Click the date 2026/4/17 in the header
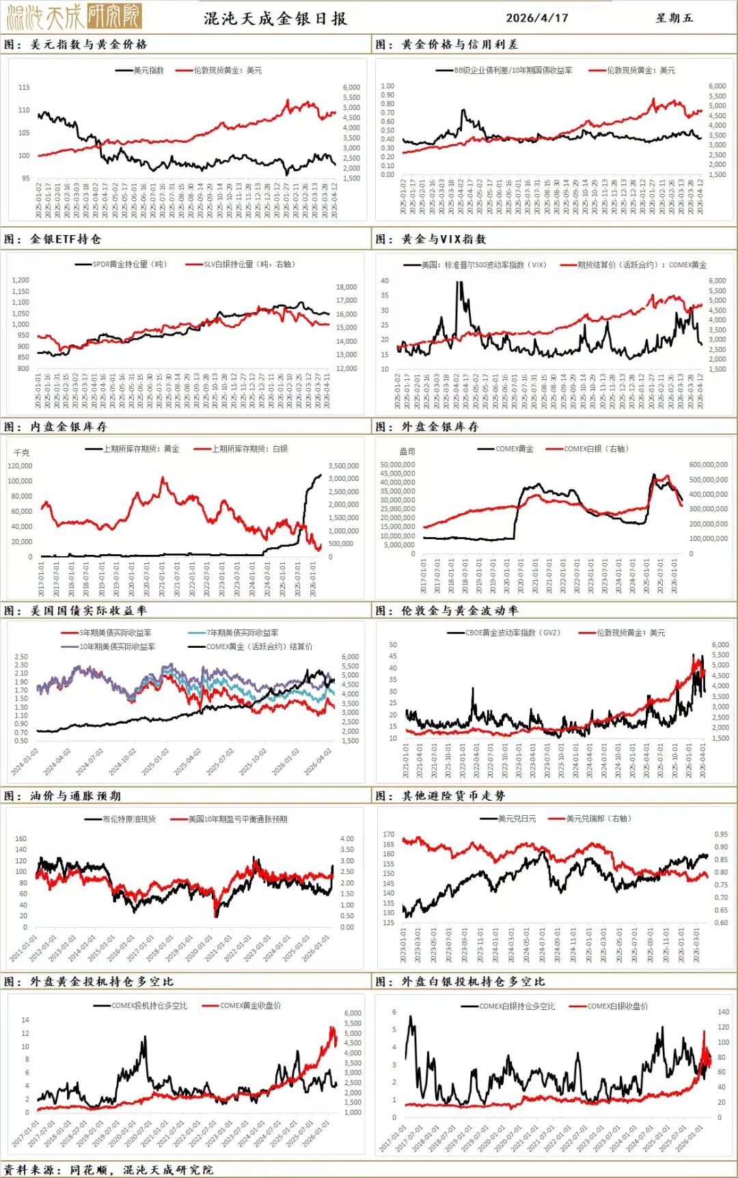click(x=536, y=18)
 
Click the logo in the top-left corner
click(x=74, y=16)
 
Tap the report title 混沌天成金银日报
click(x=275, y=18)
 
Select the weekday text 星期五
click(x=674, y=18)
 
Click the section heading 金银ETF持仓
click(x=66, y=239)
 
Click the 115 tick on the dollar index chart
click(x=24, y=87)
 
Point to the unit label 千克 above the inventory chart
click(x=22, y=452)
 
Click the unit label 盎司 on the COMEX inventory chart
click(x=407, y=452)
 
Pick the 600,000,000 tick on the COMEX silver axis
click(x=708, y=465)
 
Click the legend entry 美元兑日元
click(x=517, y=819)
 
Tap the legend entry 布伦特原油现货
click(x=128, y=819)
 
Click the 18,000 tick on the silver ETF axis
click(x=346, y=287)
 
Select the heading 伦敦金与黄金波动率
click(x=459, y=611)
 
